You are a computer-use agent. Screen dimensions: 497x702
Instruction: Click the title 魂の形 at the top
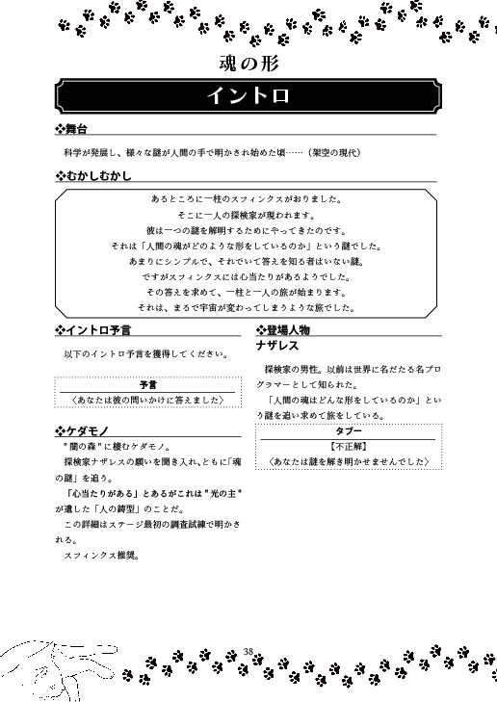click(248, 65)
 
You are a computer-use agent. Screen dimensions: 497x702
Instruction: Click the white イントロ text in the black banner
click(248, 96)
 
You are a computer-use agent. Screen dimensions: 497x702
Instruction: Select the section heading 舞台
click(76, 130)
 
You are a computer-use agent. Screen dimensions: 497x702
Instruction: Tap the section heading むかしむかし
click(96, 177)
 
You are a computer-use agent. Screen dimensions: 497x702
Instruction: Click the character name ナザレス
click(277, 345)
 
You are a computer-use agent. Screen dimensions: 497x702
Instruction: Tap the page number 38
click(248, 652)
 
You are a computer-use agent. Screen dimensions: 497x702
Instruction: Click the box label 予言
click(148, 383)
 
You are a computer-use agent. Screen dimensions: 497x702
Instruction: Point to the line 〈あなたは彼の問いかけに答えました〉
click(148, 399)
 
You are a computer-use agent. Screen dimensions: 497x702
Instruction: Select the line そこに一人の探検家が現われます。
click(248, 216)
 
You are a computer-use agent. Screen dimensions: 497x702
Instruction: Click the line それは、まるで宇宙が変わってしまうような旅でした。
click(248, 307)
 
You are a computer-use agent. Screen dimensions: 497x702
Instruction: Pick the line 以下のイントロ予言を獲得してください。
click(145, 354)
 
